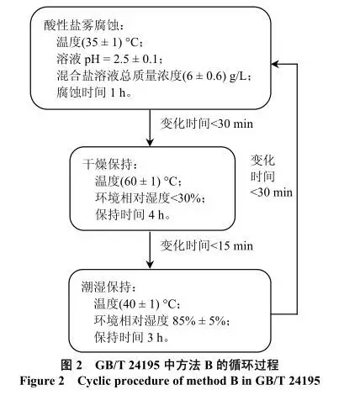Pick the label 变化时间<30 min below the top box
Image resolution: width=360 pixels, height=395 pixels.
click(x=207, y=124)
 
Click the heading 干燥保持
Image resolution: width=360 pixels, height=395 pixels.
click(x=108, y=164)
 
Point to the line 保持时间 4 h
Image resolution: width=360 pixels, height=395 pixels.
click(x=130, y=215)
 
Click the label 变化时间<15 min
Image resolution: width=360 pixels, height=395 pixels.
click(x=207, y=245)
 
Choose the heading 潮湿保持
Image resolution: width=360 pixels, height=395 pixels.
click(x=107, y=287)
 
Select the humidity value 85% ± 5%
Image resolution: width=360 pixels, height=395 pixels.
click(x=199, y=320)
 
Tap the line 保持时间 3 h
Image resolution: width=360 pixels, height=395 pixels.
click(x=129, y=337)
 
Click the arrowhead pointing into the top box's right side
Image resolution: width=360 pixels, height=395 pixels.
click(x=275, y=64)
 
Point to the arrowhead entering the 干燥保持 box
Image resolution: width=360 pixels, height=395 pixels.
click(x=151, y=143)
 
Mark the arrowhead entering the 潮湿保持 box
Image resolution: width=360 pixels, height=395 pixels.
click(x=151, y=265)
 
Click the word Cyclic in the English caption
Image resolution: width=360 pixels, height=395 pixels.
click(x=93, y=381)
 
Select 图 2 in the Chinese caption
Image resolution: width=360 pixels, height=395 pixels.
click(x=71, y=365)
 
